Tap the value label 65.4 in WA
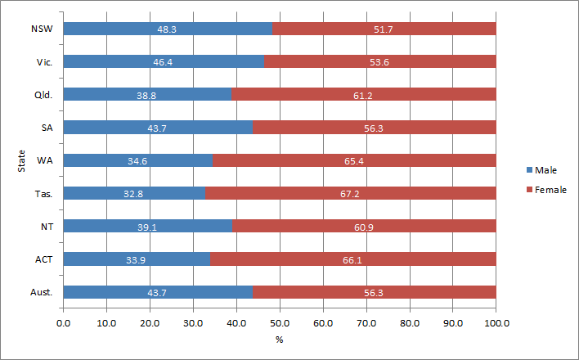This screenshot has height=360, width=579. (354, 160)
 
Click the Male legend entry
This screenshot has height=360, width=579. (547, 169)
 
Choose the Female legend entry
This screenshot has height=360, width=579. (550, 190)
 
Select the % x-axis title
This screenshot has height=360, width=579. (280, 339)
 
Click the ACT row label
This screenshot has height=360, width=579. (44, 259)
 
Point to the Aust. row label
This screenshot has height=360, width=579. (43, 292)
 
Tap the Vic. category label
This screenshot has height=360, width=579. (45, 61)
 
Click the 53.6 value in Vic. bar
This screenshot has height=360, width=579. (380, 61)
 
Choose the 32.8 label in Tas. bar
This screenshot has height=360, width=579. (134, 193)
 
